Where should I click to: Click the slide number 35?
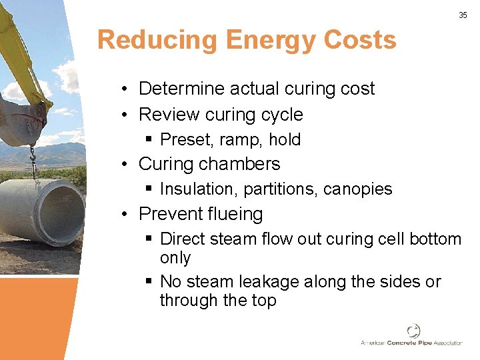[463, 15]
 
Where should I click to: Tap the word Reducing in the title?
[157, 40]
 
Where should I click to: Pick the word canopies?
[358, 189]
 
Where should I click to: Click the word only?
[175, 258]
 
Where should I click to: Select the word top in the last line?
[263, 301]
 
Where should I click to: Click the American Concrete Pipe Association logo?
[411, 335]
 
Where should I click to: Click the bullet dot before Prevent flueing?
[125, 215]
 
